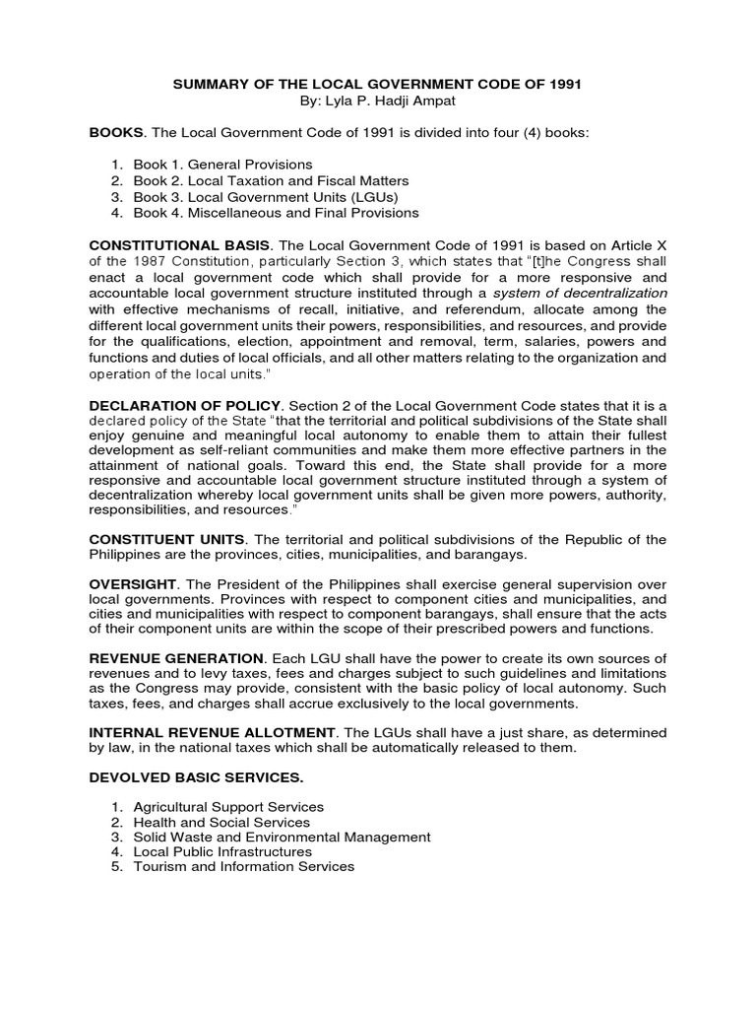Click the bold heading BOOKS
pyautogui.click(x=116, y=131)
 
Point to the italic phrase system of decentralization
pyautogui.click(x=580, y=293)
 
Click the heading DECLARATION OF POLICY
pyautogui.click(x=185, y=405)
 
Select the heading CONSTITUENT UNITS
pyautogui.click(x=165, y=539)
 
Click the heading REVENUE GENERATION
pyautogui.click(x=176, y=657)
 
